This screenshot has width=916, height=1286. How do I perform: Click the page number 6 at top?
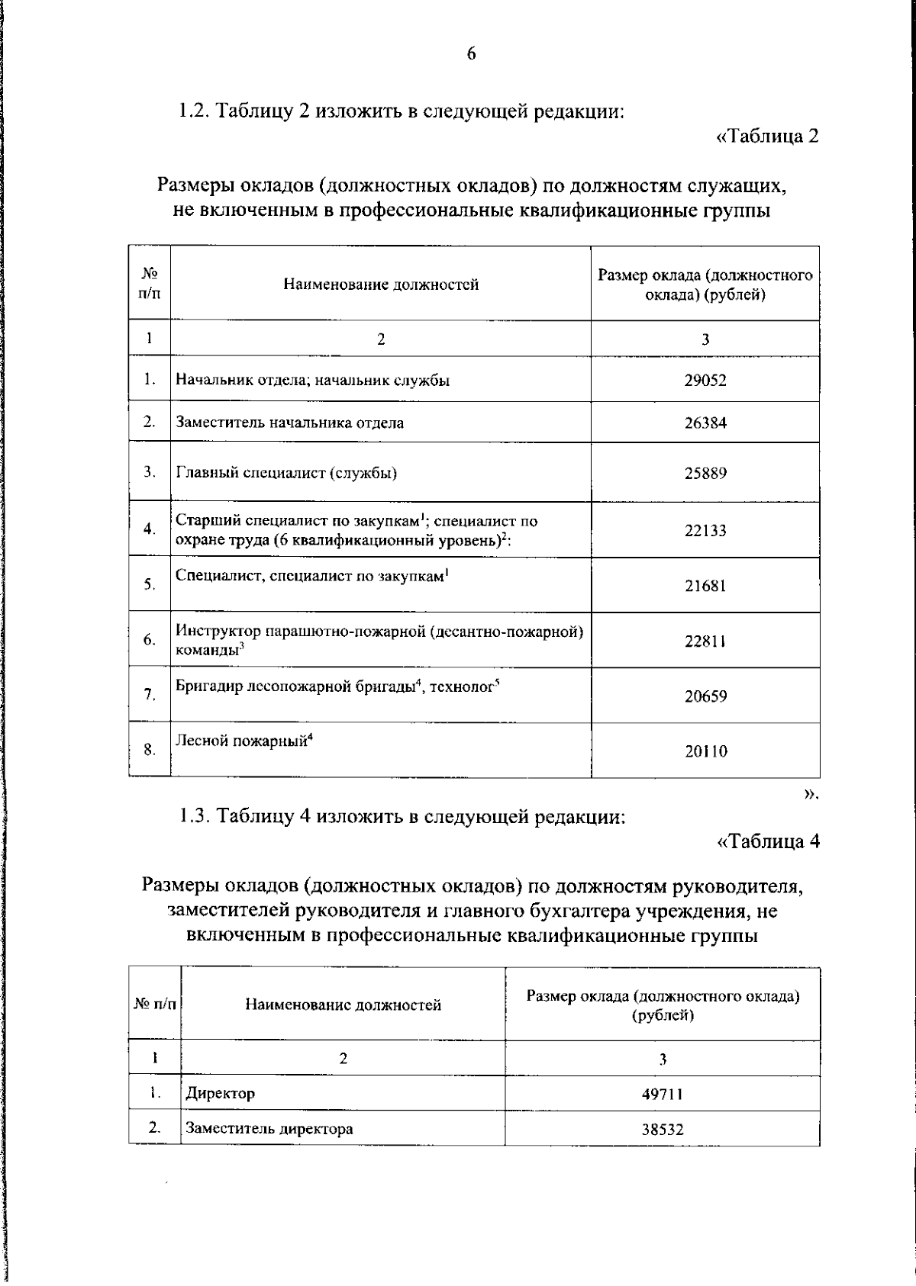[x=471, y=53]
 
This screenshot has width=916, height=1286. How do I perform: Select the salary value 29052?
[x=705, y=380]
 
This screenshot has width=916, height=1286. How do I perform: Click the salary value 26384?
[x=705, y=423]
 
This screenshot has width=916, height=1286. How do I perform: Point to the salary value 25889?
[x=705, y=473]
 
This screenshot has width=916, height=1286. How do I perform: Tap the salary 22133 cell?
[x=705, y=530]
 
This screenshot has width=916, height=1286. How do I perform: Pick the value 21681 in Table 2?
[x=705, y=586]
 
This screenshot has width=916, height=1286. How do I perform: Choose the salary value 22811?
[x=705, y=641]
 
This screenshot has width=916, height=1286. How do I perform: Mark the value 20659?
[x=705, y=696]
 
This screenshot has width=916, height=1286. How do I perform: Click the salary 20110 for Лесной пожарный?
[x=705, y=751]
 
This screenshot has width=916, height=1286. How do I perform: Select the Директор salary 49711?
[x=662, y=1095]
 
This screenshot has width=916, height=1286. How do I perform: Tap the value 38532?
[x=662, y=1130]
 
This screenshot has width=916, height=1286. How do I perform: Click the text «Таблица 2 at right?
[x=768, y=137]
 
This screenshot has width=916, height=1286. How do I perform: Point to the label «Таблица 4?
[x=768, y=842]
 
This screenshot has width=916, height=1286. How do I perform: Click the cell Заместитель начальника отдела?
[x=290, y=423]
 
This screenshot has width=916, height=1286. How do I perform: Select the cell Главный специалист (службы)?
[x=286, y=473]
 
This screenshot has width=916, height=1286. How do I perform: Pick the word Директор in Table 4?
[x=220, y=1094]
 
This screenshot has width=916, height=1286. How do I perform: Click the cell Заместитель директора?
[x=269, y=1129]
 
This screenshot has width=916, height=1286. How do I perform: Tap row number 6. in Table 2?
[x=150, y=640]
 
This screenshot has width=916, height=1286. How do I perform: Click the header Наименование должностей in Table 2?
[x=381, y=285]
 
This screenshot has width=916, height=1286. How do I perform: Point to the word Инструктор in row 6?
[x=218, y=631]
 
